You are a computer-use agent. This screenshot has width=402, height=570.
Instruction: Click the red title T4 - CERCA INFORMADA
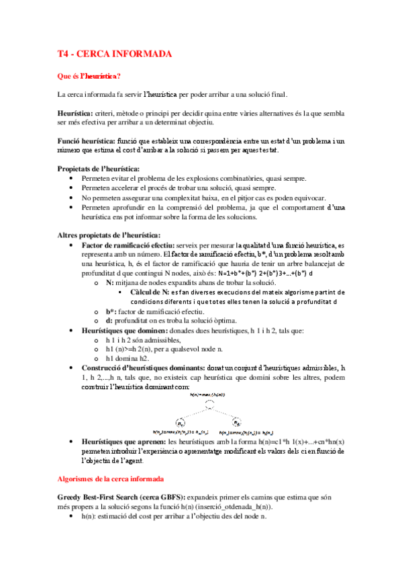[114, 54]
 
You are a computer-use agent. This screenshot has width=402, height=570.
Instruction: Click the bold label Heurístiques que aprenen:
[122, 442]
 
